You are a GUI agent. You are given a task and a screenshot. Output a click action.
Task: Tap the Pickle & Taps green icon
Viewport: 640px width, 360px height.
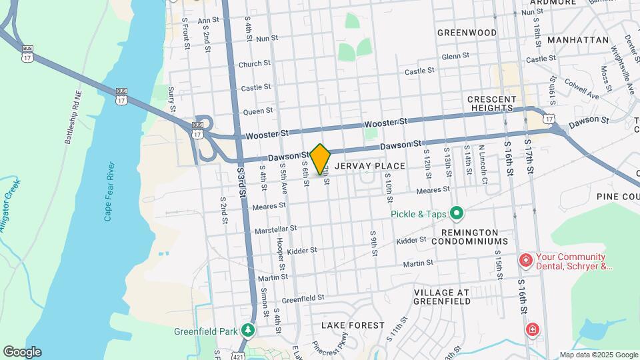click(457, 214)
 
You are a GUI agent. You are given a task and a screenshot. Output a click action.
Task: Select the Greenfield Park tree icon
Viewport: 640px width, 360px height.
click(248, 330)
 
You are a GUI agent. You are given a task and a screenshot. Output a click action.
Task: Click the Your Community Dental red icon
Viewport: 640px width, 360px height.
click(525, 260)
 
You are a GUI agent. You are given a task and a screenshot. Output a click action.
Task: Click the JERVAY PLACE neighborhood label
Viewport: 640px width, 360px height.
click(370, 165)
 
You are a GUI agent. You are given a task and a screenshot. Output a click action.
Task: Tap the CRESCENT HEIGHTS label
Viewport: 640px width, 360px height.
click(491, 103)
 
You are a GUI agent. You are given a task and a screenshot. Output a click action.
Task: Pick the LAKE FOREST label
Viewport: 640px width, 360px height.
click(353, 325)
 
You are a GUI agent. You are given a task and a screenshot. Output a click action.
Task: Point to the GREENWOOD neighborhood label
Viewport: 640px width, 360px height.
click(467, 33)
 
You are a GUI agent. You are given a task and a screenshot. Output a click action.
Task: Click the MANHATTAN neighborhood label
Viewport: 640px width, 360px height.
click(578, 40)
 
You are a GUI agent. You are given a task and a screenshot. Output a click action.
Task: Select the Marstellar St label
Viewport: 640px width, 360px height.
click(276, 229)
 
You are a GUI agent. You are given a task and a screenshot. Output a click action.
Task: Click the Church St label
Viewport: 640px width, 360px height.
click(255, 64)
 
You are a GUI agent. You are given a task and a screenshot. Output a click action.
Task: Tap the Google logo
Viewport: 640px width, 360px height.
click(22, 352)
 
